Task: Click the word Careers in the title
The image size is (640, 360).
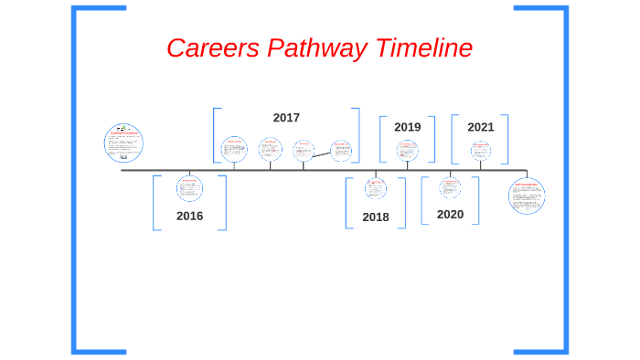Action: click(212, 48)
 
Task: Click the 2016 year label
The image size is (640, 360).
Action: click(189, 217)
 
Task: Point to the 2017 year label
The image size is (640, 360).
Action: click(286, 118)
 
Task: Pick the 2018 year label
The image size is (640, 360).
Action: click(375, 217)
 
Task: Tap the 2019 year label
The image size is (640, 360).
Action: click(407, 127)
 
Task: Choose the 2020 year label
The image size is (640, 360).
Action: click(450, 215)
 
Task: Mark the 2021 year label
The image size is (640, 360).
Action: click(480, 127)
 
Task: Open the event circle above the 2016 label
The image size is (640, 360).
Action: click(189, 188)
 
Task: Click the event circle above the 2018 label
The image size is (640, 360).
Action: click(375, 188)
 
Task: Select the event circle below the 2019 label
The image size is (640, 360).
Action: click(407, 151)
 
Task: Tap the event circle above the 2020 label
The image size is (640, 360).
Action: click(450, 187)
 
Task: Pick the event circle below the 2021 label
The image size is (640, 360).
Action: click(481, 151)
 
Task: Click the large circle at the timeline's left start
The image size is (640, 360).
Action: click(123, 142)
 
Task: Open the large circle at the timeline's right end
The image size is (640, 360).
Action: click(527, 196)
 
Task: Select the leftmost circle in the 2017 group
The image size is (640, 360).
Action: click(234, 149)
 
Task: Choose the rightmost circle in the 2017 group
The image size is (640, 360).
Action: click(341, 151)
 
